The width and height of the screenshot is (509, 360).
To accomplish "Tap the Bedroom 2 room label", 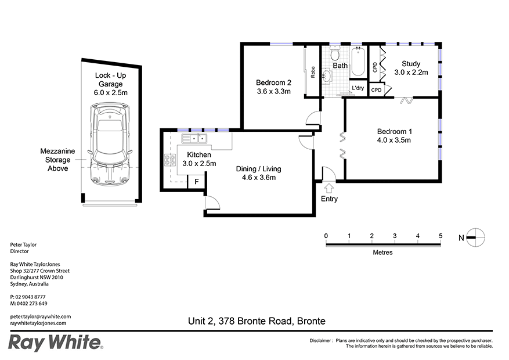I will (x=273, y=82).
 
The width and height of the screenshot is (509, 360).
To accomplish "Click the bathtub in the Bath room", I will (x=358, y=63).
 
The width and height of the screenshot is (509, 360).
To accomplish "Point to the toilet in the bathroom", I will (x=335, y=56).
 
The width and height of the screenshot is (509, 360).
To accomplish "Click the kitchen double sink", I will (x=194, y=138).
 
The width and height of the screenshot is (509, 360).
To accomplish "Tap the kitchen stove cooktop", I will (x=171, y=160).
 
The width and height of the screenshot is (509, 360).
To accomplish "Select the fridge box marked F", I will (x=197, y=182).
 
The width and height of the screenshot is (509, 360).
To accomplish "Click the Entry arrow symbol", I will (x=329, y=188).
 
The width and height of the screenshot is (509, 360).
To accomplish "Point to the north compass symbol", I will (x=475, y=237).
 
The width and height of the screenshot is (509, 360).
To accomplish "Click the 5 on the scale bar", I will (x=441, y=235).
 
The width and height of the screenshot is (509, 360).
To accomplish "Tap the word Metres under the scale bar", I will (x=382, y=253).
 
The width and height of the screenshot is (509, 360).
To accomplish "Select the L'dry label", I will (x=358, y=88).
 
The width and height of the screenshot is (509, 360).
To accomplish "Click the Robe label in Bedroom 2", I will (x=313, y=72).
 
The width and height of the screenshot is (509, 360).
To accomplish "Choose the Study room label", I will (x=410, y=64).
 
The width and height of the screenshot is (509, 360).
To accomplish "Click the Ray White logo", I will (x=56, y=342).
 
